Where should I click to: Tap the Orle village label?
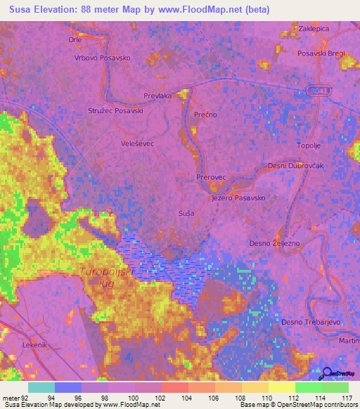75,40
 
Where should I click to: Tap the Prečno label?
204,114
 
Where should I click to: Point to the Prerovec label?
211,179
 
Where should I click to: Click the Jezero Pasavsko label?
238,198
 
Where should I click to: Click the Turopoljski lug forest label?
105,275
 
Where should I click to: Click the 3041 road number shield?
319,91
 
